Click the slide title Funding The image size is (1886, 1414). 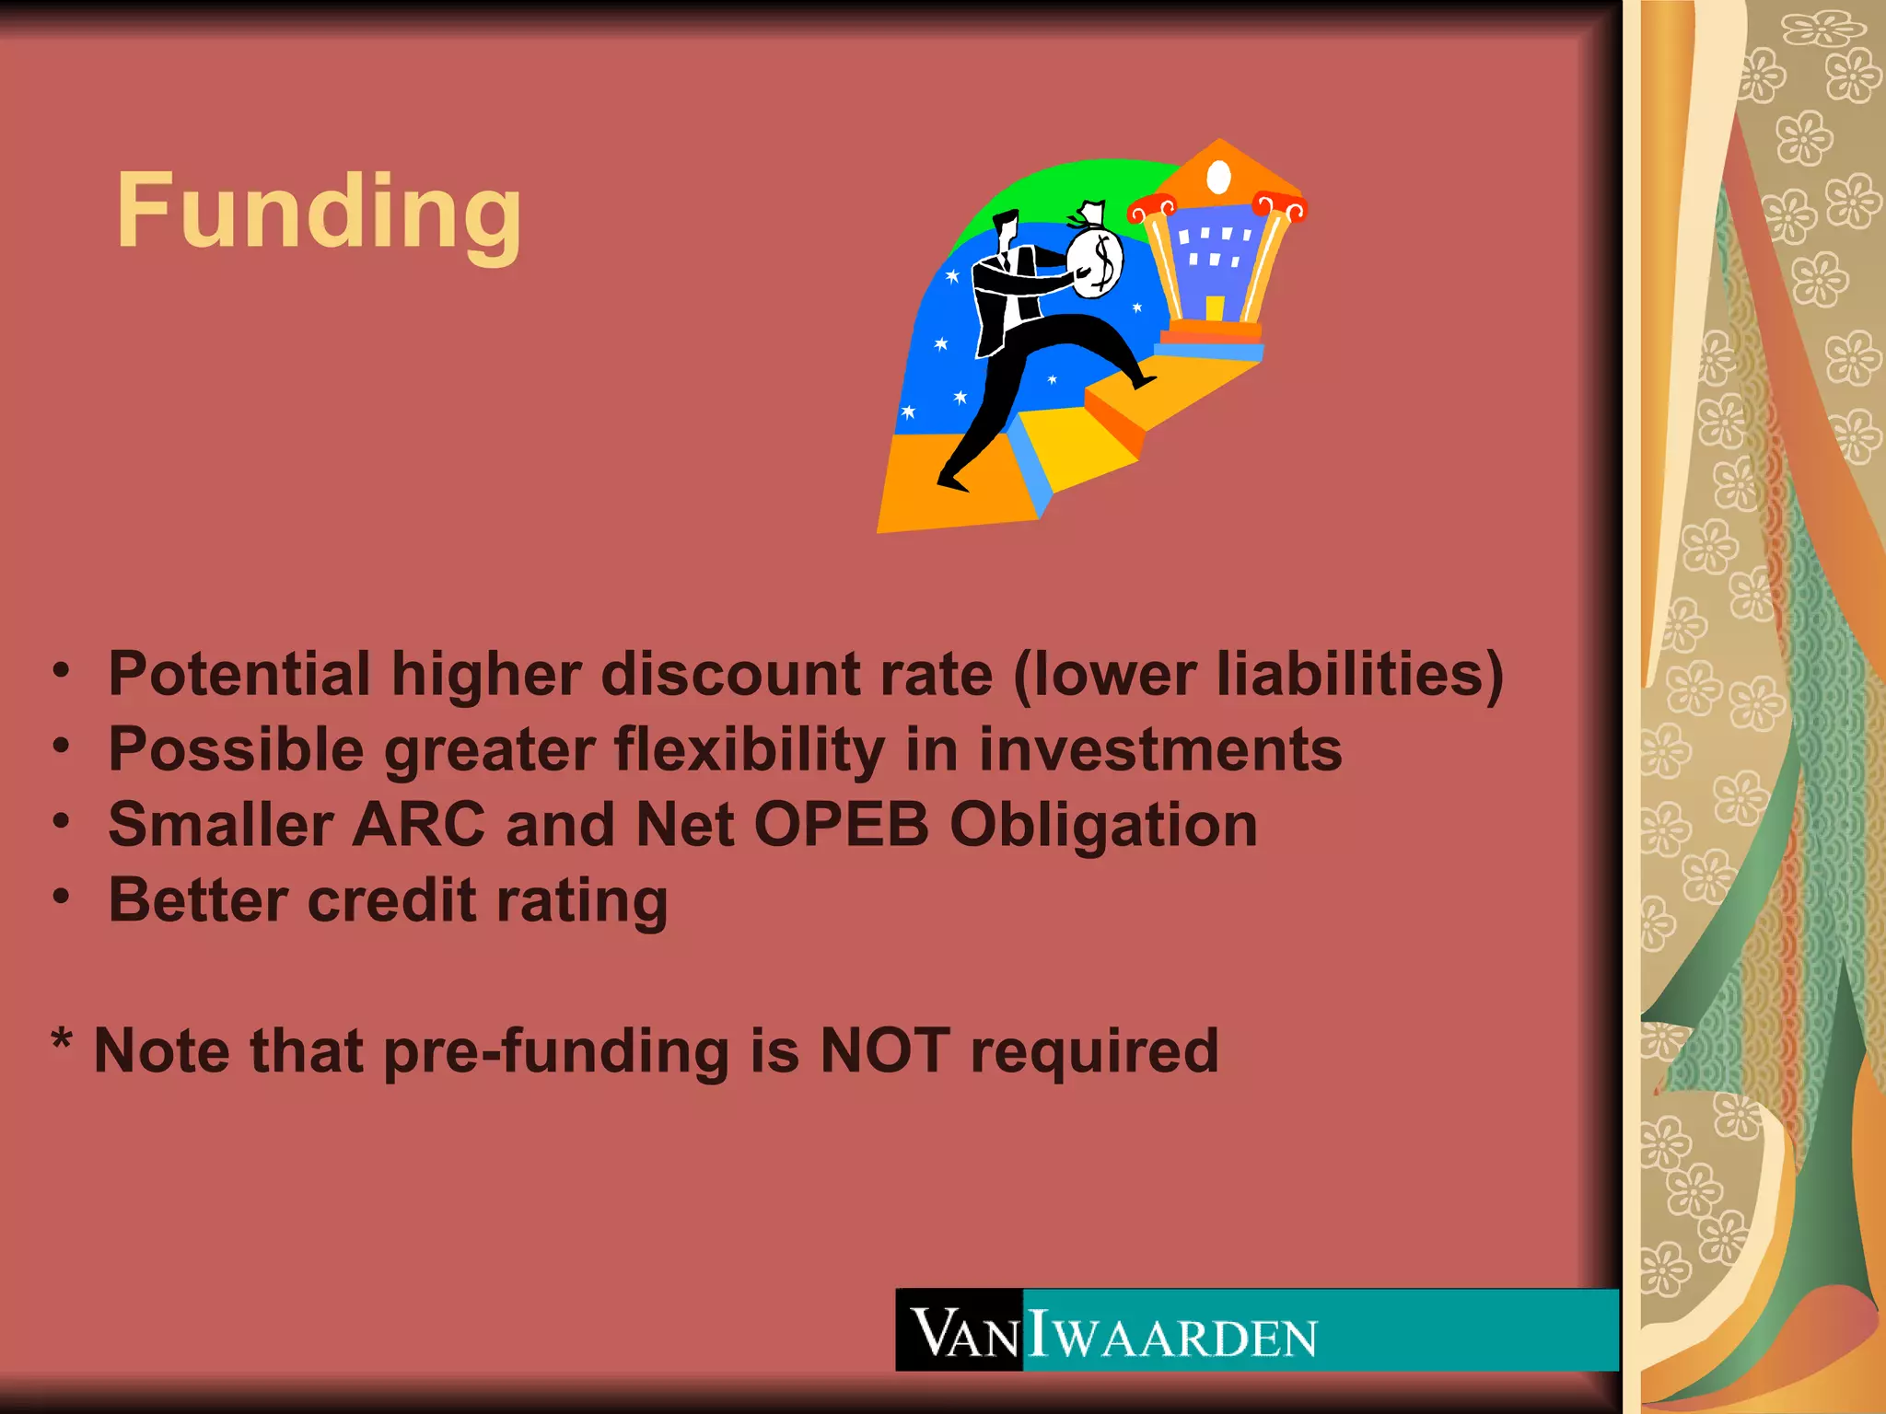pyautogui.click(x=319, y=212)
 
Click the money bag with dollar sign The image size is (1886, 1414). pyautogui.click(x=1096, y=262)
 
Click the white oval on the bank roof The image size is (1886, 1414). pyautogui.click(x=1218, y=177)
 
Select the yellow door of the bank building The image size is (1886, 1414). pyautogui.click(x=1215, y=307)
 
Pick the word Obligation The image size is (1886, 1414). pyautogui.click(x=1103, y=826)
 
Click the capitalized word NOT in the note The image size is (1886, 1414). pyautogui.click(x=885, y=1050)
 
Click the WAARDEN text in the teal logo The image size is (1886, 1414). pyautogui.click(x=1184, y=1338)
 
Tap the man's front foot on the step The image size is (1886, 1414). pyautogui.click(x=1145, y=380)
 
